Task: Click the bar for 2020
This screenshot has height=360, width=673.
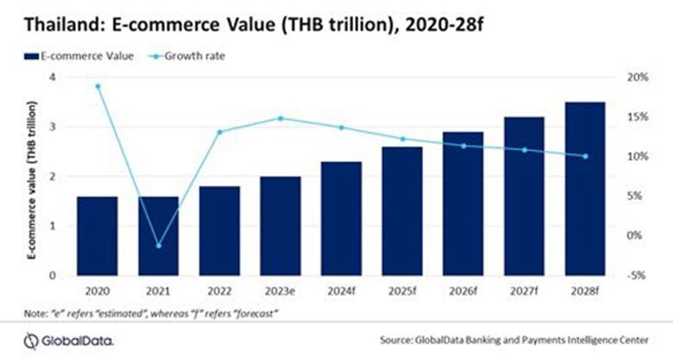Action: [x=97, y=236]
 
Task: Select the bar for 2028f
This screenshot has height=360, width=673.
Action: [x=585, y=189]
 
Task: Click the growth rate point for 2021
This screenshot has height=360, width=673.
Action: [x=159, y=245]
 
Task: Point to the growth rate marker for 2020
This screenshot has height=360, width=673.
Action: [x=97, y=86]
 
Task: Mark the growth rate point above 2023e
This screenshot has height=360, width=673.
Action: [x=280, y=118]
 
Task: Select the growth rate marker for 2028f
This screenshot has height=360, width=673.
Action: [x=585, y=156]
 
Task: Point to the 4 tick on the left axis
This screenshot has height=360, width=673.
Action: [x=54, y=78]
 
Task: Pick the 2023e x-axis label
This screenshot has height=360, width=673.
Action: [x=280, y=292]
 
